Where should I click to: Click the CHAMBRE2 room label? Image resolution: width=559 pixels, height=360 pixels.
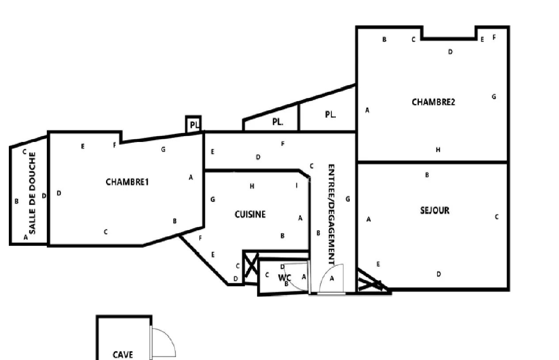[433, 102]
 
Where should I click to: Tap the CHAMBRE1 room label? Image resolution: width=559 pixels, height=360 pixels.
[127, 182]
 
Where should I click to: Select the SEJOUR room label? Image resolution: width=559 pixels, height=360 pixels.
[435, 211]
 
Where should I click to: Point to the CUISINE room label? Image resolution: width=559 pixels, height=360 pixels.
[250, 214]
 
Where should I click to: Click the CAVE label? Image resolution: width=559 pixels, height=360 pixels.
[123, 355]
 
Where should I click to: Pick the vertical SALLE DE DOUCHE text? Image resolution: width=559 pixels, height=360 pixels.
[32, 193]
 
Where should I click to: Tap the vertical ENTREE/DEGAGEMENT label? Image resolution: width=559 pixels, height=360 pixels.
[331, 214]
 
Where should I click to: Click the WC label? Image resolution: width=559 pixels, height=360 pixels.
[285, 278]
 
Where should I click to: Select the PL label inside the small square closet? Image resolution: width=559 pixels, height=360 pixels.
[194, 125]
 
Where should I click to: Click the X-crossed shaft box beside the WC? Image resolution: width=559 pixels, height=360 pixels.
[251, 268]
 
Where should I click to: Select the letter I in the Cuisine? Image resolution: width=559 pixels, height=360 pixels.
[297, 185]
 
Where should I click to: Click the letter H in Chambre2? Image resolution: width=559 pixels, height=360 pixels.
[438, 149]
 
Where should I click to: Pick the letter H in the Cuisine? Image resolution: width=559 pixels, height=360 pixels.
[252, 186]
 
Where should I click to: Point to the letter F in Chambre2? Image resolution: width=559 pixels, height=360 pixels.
[494, 37]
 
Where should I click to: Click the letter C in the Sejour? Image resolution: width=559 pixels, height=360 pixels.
[497, 217]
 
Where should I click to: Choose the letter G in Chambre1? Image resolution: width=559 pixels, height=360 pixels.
[163, 149]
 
